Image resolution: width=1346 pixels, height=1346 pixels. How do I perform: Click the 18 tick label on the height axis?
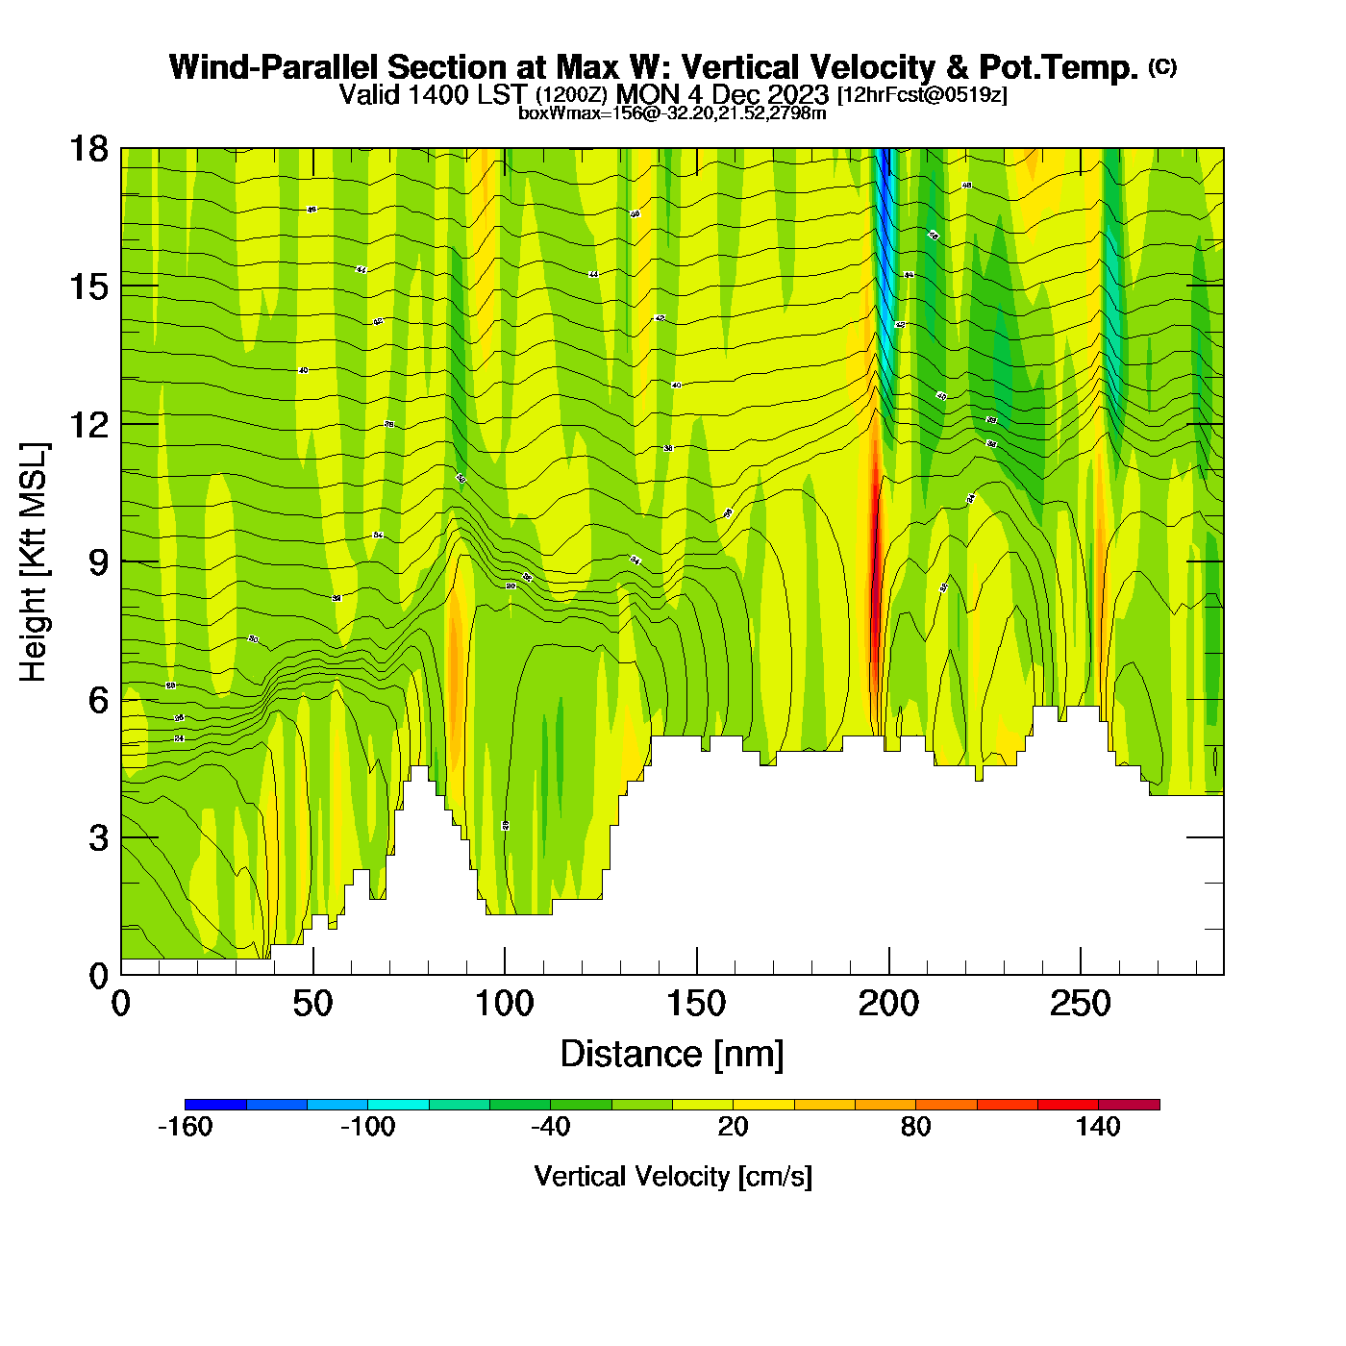tap(87, 149)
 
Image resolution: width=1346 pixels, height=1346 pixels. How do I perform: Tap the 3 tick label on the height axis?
tap(99, 838)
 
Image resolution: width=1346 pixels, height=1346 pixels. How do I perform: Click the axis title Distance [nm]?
tap(672, 1055)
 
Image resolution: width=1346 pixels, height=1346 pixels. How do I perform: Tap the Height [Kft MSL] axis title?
tap(34, 562)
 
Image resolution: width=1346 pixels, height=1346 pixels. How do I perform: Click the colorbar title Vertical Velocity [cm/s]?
tap(673, 1177)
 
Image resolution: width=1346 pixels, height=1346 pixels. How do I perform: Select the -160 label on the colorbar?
tap(185, 1127)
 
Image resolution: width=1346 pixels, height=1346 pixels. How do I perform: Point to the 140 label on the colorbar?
tap(1098, 1127)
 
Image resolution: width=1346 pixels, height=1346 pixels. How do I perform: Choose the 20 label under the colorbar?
tap(733, 1127)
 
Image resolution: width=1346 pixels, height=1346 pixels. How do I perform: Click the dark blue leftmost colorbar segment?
tap(215, 1105)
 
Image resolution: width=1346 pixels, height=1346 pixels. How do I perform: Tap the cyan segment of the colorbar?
tap(398, 1105)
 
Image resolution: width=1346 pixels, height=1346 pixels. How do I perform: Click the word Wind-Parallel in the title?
tap(275, 67)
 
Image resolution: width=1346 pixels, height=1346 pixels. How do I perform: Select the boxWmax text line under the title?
tap(672, 113)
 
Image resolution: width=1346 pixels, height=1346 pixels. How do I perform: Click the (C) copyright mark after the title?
tap(1161, 66)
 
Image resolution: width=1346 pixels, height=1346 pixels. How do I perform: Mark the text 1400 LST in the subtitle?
tap(467, 94)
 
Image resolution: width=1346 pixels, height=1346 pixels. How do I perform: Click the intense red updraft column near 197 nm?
tap(875, 558)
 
